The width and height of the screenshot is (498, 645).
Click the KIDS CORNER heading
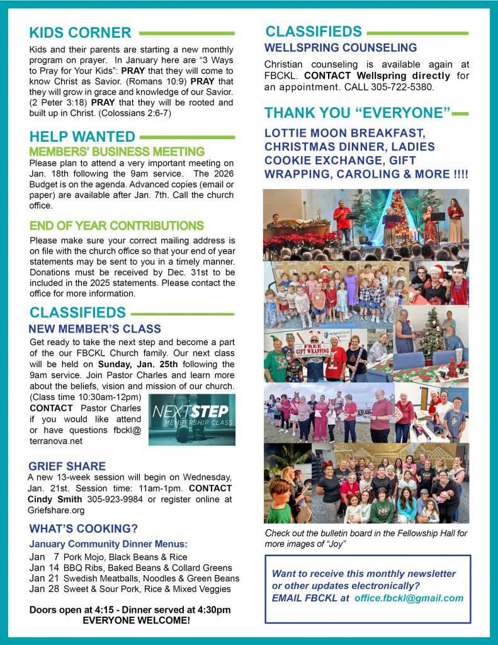80,33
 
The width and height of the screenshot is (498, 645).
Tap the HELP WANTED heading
82,137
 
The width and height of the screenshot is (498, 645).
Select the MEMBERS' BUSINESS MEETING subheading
116,152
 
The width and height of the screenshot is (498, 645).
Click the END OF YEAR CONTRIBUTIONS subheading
116,225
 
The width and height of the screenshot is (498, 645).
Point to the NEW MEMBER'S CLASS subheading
94,329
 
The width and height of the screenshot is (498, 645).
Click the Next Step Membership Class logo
192,420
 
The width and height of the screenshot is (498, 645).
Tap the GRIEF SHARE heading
67,466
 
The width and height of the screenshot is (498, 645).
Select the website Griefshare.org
56,510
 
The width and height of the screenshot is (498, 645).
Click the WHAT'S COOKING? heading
83,528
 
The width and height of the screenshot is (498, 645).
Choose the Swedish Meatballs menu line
134,578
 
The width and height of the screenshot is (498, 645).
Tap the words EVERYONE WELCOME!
130,620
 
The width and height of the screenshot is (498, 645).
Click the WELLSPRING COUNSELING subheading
340,48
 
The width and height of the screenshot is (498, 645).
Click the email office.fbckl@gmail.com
409,598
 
